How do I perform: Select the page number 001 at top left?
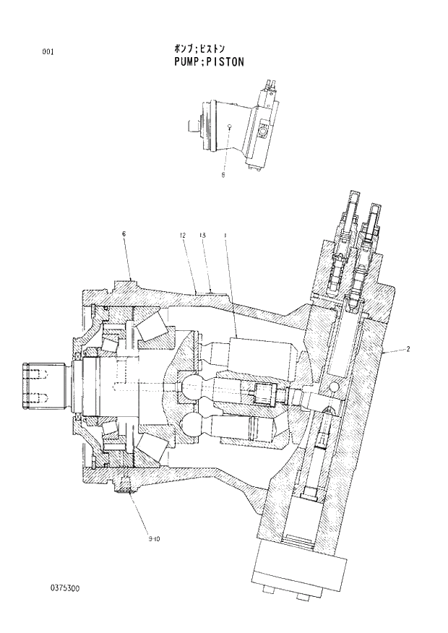(48, 51)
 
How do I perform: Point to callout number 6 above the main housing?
(124, 234)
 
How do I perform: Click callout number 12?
(184, 236)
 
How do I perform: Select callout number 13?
(204, 236)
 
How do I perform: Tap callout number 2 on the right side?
(408, 350)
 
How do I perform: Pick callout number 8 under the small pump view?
(223, 173)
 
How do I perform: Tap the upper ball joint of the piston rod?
(194, 387)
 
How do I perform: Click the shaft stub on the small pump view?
(193, 126)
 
